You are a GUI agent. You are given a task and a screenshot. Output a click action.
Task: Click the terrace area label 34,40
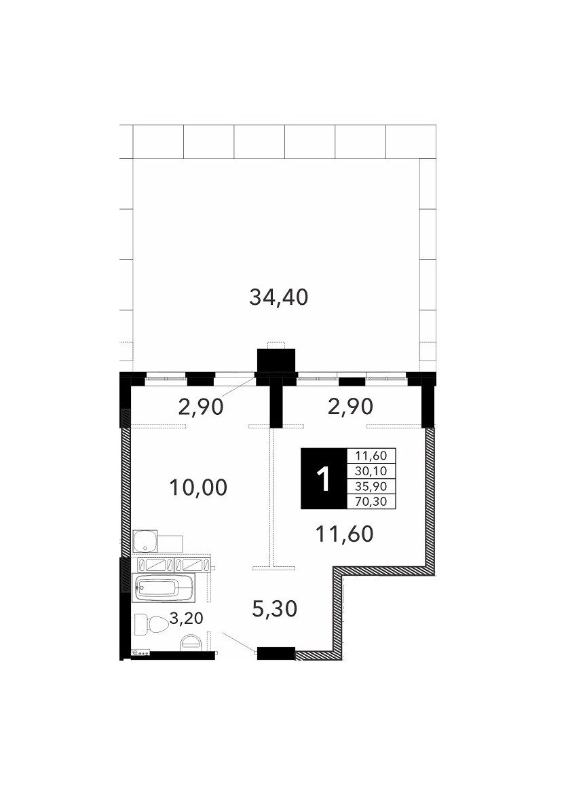(x=278, y=297)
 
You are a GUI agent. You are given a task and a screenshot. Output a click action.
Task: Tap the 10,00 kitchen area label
(x=198, y=487)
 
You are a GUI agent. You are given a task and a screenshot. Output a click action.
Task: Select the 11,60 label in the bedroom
(x=344, y=534)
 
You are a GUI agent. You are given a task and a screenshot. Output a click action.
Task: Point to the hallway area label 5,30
(x=274, y=609)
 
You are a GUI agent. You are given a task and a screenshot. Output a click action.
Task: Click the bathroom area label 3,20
(x=186, y=618)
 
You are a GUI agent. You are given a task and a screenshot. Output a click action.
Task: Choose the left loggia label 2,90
(x=201, y=407)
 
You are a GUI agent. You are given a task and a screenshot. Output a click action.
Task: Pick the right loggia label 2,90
(x=350, y=406)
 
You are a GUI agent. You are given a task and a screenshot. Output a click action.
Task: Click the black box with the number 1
(x=324, y=478)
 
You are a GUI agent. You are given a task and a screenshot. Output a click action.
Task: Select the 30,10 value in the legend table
(x=371, y=471)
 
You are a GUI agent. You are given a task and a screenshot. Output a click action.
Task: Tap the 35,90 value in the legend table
(x=371, y=486)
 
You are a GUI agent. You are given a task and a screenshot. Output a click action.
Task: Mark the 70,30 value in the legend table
(x=371, y=501)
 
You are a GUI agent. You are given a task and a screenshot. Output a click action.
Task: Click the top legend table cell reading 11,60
(x=371, y=456)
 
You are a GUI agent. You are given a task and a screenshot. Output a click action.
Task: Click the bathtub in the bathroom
(x=163, y=588)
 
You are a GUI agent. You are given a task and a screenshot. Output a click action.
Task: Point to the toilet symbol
(x=152, y=625)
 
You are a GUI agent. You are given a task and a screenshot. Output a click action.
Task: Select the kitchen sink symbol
(x=145, y=541)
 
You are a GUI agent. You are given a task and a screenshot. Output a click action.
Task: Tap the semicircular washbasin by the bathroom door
(x=191, y=642)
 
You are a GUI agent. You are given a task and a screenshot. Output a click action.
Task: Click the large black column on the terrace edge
(x=276, y=361)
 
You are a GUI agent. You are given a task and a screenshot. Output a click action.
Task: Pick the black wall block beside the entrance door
(x=276, y=653)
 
